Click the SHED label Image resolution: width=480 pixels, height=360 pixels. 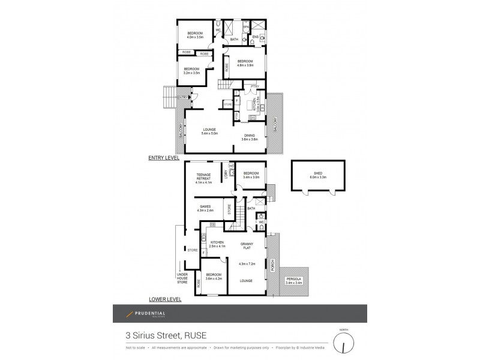(318, 175)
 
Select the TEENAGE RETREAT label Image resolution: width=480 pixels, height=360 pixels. (204, 177)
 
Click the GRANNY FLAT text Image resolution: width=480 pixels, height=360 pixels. (247, 243)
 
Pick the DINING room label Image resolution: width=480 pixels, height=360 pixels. (250, 137)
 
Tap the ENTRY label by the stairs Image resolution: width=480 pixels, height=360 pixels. (182, 97)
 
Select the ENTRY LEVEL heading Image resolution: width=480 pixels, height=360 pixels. (164, 157)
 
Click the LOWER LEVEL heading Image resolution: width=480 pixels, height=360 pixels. (165, 298)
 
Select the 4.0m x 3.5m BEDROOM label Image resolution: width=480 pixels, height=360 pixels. (195, 35)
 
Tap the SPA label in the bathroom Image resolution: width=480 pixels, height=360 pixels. (246, 28)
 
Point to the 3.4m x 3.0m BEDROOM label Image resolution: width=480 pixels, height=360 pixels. (251, 175)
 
